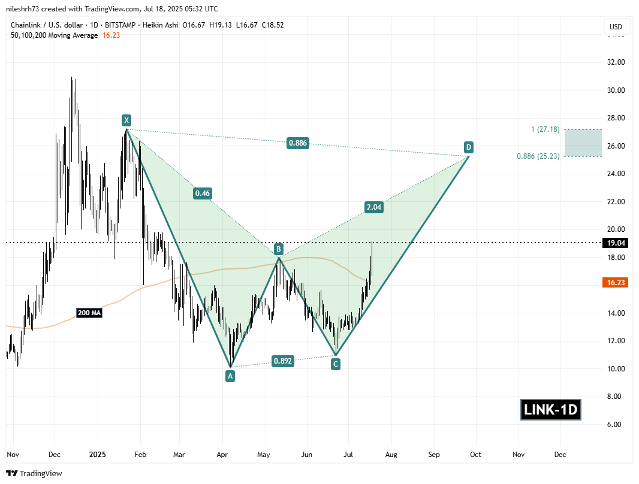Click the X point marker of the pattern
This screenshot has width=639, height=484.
pyautogui.click(x=126, y=119)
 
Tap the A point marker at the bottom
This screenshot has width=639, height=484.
pyautogui.click(x=230, y=376)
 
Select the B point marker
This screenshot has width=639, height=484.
pyautogui.click(x=279, y=248)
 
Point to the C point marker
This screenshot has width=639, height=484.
pyautogui.click(x=336, y=363)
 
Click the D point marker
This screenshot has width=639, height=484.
pyautogui.click(x=468, y=147)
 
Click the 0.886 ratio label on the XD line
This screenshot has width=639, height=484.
pyautogui.click(x=298, y=143)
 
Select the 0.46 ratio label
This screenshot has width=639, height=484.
pyautogui.click(x=202, y=193)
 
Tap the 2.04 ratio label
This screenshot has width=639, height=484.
pyautogui.click(x=373, y=207)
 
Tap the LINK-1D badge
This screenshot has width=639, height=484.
pyautogui.click(x=550, y=411)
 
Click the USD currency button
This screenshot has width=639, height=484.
pyautogui.click(x=616, y=27)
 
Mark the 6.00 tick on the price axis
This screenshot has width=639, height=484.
pyautogui.click(x=614, y=425)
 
